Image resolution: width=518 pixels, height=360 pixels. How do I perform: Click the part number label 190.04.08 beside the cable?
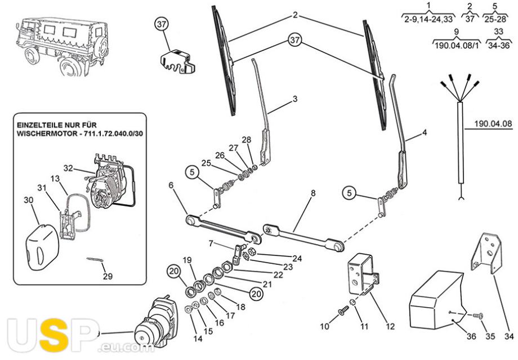click(493, 124)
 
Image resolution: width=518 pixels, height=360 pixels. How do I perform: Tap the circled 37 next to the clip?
click(162, 24)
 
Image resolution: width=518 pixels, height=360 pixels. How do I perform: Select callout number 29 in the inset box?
click(108, 276)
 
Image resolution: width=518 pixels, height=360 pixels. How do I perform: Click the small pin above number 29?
click(94, 260)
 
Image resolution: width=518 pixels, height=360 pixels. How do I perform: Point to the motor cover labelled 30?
click(42, 245)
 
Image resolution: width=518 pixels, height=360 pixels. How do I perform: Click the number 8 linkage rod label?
click(313, 193)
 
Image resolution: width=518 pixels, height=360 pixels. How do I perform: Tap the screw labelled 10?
click(343, 310)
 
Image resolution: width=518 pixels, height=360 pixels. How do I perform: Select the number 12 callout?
click(390, 326)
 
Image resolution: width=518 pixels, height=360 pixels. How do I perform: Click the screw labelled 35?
click(477, 316)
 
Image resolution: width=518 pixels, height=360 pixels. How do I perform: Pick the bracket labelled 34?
click(486, 253)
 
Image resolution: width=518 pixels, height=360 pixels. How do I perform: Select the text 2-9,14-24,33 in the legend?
click(428, 19)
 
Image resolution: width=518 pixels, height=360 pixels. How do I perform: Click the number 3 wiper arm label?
click(295, 98)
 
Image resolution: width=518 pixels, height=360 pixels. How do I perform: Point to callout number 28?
click(246, 139)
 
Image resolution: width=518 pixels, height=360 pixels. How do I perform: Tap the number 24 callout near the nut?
click(297, 258)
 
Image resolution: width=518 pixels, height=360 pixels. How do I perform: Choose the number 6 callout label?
click(171, 185)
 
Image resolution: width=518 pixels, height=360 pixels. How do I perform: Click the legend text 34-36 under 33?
click(498, 45)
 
